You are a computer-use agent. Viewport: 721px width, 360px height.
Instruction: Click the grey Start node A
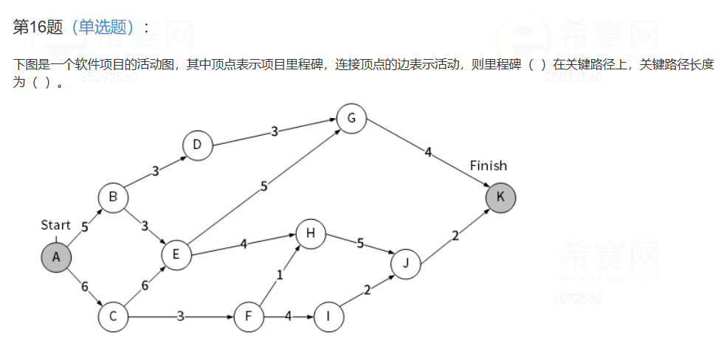[56, 257]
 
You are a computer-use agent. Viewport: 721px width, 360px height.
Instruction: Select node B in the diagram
[113, 197]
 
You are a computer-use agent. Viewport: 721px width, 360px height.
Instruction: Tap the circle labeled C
[113, 317]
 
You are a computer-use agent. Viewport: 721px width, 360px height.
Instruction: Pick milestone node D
[197, 145]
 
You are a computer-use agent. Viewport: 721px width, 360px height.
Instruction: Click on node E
[176, 255]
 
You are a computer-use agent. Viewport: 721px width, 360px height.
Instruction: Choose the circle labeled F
[249, 317]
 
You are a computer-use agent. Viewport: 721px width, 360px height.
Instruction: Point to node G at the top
[351, 118]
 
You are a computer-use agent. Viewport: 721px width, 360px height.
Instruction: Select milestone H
[311, 234]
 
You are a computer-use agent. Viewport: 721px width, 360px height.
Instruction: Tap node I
[328, 317]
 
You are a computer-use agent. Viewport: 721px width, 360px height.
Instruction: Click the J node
[405, 263]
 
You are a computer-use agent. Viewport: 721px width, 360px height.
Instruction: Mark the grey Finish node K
[500, 197]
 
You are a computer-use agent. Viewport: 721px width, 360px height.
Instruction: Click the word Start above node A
[55, 225]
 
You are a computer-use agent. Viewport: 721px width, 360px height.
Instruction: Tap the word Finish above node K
[489, 166]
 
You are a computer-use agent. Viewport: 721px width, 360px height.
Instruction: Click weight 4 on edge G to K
[427, 152]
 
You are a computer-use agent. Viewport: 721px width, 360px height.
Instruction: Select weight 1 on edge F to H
[280, 275]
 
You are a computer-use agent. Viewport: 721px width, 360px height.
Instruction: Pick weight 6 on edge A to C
[84, 286]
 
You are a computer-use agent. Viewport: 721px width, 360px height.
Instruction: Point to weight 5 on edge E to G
[263, 187]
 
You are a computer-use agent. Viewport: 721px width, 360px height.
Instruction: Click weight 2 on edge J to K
[455, 236]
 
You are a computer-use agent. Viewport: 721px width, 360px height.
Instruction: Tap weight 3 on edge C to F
[180, 316]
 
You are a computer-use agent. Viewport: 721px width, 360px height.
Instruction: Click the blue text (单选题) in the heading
[103, 27]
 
